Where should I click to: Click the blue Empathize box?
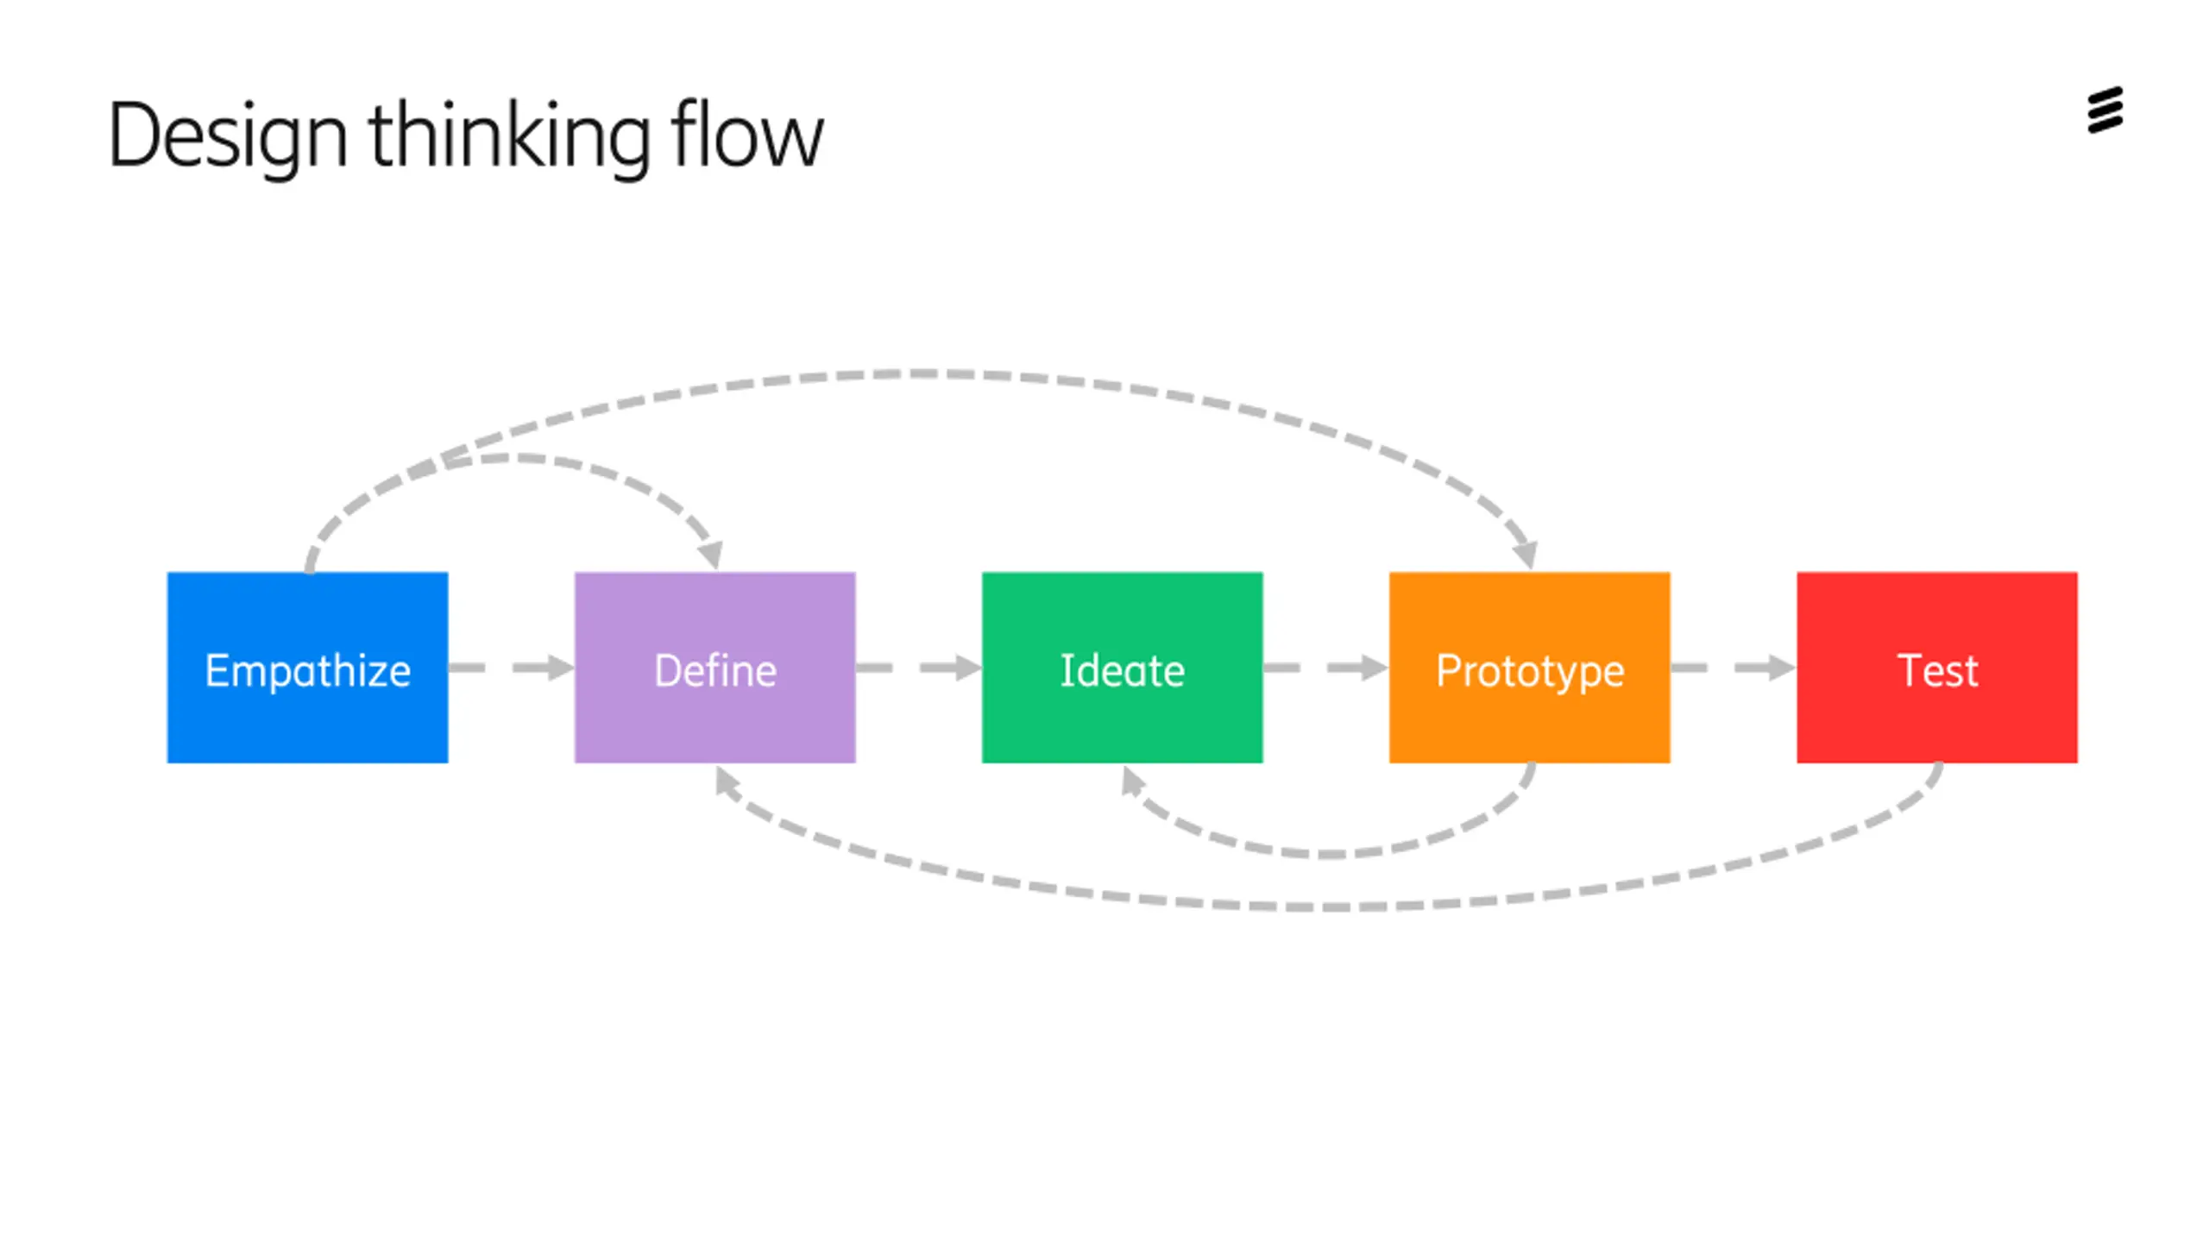(307, 667)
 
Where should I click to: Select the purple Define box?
(714, 667)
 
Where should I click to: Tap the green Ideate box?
(1122, 667)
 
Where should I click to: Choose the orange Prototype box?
(1529, 667)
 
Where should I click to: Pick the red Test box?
(1937, 667)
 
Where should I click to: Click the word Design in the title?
(228, 136)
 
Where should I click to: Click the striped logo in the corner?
(2105, 110)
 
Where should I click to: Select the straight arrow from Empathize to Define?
(512, 667)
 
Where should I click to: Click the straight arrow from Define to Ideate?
(919, 667)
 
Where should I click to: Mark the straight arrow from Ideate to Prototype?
(1326, 667)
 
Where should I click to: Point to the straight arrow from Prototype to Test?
(1734, 667)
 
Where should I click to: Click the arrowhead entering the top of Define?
(711, 554)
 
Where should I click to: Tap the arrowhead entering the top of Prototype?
(1526, 554)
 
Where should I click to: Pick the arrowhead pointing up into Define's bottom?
(727, 782)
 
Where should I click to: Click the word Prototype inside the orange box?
(1530, 672)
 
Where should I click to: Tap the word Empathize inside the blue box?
(307, 672)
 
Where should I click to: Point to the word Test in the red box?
(1937, 670)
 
